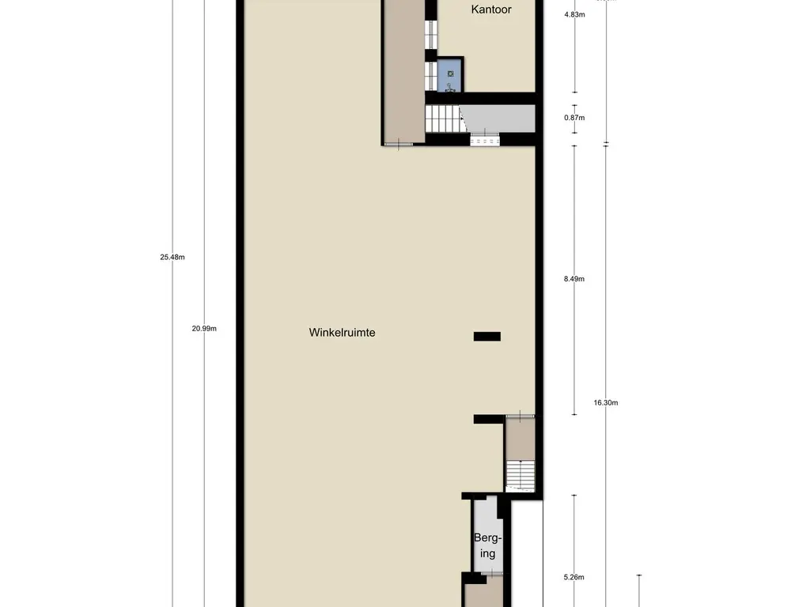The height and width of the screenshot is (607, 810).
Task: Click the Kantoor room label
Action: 491,9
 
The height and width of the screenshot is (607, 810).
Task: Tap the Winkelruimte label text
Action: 342,333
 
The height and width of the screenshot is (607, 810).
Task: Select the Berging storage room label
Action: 487,545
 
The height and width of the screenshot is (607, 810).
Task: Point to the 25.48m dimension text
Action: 172,257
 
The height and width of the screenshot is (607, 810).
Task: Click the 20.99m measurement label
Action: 204,328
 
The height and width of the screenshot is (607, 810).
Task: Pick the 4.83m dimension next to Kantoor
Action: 574,15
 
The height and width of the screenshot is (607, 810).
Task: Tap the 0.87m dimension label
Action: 574,118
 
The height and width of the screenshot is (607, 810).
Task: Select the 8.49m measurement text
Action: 574,279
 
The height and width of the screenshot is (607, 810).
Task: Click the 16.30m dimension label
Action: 606,402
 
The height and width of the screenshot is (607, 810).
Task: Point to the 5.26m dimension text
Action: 574,578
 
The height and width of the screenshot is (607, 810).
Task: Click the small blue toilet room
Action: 450,74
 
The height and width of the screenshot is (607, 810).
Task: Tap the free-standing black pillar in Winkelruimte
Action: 487,337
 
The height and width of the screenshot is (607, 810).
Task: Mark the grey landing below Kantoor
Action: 499,118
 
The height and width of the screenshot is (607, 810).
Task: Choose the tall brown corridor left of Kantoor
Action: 404,71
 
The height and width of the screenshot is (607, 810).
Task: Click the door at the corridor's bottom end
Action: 399,144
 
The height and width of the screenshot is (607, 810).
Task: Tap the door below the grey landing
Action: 485,140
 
